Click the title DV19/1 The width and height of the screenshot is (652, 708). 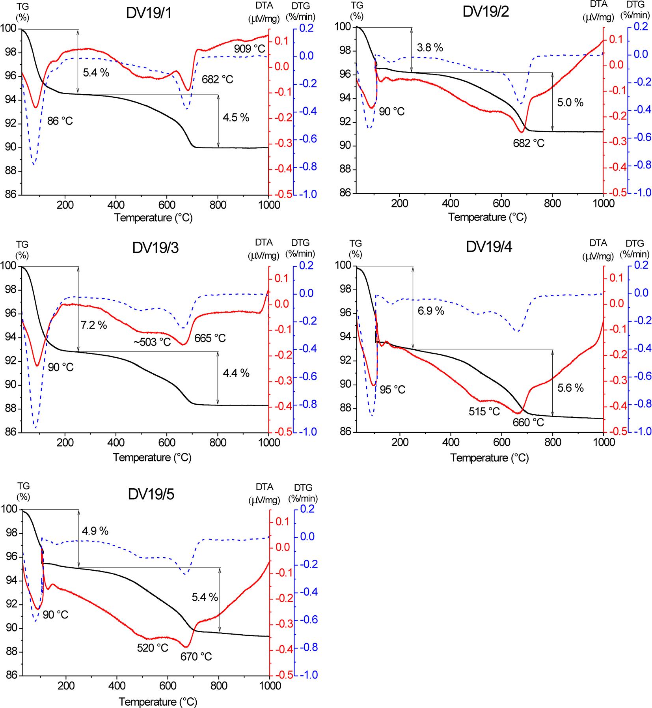coord(149,13)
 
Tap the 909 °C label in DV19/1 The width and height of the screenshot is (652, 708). coord(249,49)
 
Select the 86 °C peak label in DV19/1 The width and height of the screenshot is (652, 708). coord(60,121)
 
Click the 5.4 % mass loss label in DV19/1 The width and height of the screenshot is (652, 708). coord(96,73)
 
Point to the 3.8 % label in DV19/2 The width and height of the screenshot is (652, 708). coord(430,48)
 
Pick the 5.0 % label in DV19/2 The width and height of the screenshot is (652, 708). coord(570,103)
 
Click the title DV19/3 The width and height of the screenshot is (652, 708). coord(155,248)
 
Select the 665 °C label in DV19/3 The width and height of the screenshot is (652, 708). coord(210,338)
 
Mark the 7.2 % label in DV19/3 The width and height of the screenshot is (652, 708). coord(94,325)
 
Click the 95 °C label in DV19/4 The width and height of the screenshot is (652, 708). coord(392,390)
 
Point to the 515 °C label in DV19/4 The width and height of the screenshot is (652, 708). coord(484,412)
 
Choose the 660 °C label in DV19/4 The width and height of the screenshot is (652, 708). coord(528,422)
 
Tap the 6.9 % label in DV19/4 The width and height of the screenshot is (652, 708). coord(431,311)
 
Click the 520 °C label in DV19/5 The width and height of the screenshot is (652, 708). coord(153,648)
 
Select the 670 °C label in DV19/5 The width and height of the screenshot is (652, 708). coord(196,657)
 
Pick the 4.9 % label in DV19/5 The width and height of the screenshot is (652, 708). coord(95,531)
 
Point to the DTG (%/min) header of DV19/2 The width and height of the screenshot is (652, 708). coord(635,9)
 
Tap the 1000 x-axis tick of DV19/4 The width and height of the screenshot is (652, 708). coord(604,442)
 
